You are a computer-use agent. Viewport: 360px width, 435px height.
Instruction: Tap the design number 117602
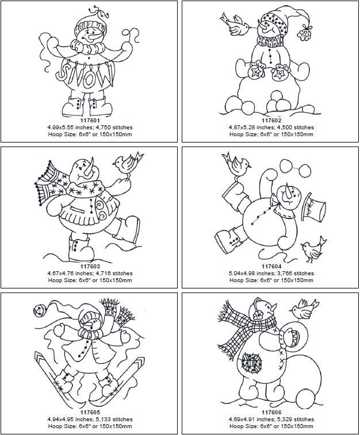271,120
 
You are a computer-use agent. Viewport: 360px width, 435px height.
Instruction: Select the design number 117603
90,267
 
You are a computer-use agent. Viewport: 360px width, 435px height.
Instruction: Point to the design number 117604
271,267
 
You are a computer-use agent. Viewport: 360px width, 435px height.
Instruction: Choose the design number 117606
271,412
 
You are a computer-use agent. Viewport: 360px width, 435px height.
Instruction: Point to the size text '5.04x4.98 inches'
248,274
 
